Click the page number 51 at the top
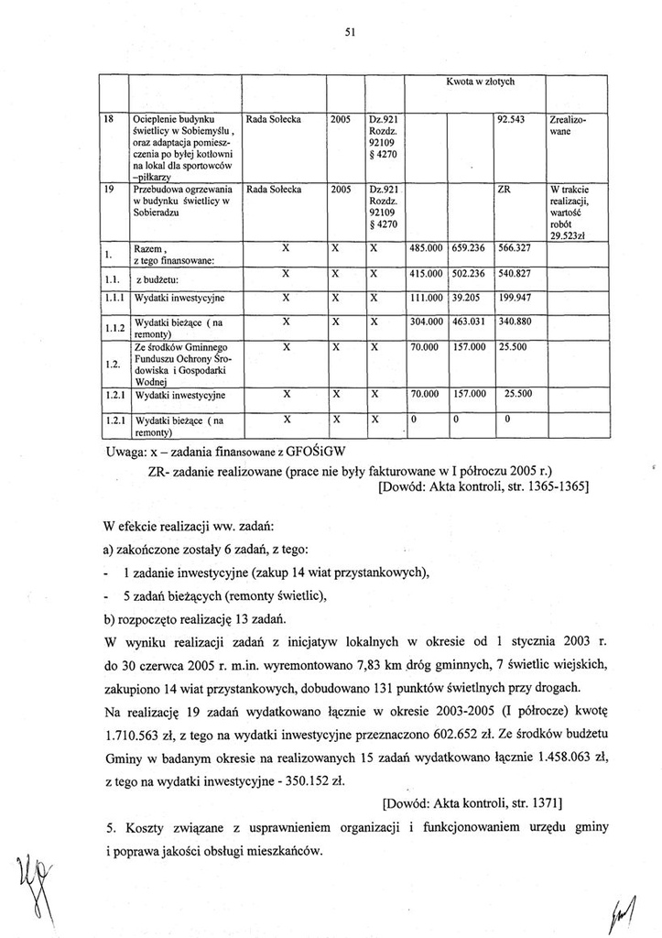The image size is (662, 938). [350, 33]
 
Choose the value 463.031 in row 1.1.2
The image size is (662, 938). [468, 322]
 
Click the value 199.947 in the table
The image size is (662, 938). [514, 298]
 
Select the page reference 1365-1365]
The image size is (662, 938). [546, 487]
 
